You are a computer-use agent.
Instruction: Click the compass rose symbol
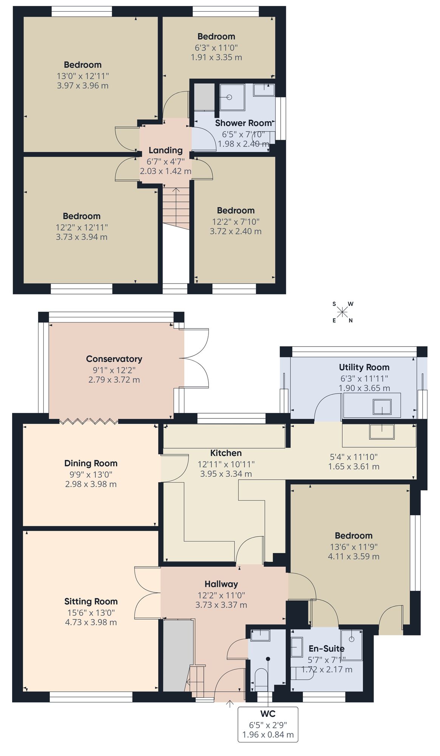point(342,312)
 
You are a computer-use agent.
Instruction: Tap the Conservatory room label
point(114,359)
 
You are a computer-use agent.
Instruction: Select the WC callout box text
point(268,724)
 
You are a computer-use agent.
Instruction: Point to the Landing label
point(165,150)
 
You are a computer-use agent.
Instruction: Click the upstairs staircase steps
point(176,208)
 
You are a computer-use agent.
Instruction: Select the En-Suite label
point(326,649)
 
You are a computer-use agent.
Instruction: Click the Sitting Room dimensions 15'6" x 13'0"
point(91,613)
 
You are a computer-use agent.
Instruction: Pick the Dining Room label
point(91,463)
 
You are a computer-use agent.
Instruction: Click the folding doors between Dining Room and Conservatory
point(89,421)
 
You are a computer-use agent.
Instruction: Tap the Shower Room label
point(243,123)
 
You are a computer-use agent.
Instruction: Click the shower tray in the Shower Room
point(232,97)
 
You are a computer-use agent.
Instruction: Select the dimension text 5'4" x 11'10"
point(354,457)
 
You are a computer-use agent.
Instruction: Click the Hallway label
point(221,584)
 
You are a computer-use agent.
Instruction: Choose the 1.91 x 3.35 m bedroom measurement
point(216,57)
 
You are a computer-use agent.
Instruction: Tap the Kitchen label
point(226,453)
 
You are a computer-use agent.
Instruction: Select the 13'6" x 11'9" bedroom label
point(354,547)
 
